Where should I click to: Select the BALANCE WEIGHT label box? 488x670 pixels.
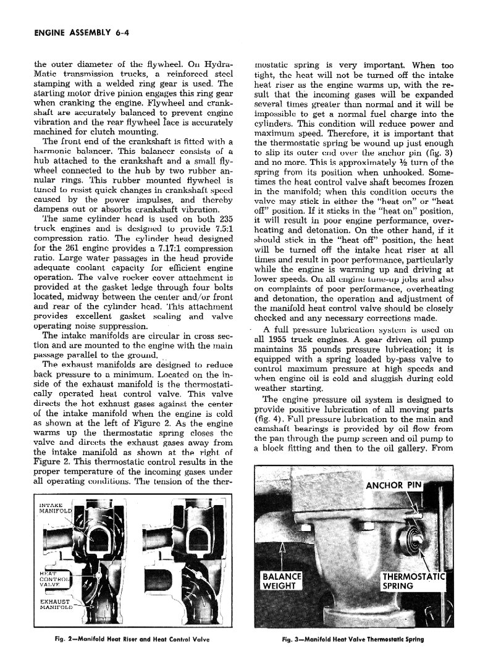coord(281,581)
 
